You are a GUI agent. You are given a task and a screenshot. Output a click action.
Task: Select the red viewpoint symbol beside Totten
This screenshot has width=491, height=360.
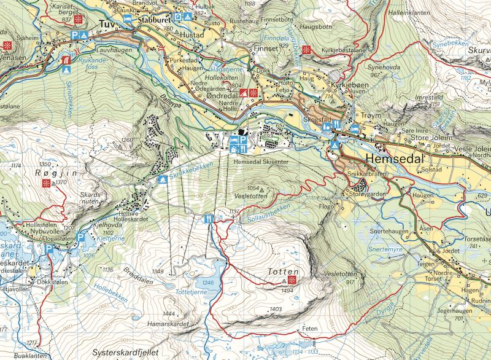tap(292, 280)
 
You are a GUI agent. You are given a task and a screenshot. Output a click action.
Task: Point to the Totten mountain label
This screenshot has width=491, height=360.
tap(283, 271)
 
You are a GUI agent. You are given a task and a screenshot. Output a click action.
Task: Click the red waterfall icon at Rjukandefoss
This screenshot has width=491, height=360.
tap(66, 60)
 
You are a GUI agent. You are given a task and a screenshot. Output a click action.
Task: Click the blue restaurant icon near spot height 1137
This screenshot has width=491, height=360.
tap(209, 219)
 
